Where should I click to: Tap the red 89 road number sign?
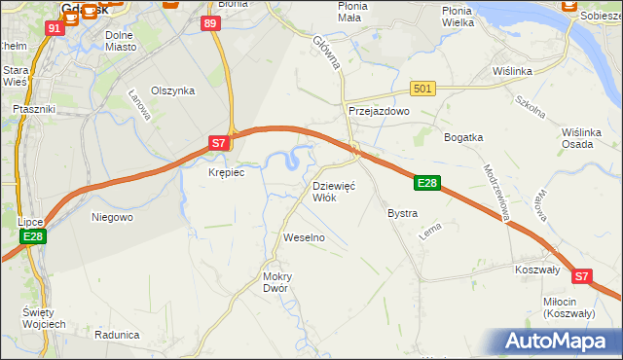pyautogui.click(x=209, y=23)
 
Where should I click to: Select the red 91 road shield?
pyautogui.click(x=55, y=28)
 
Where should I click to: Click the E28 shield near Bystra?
pyautogui.click(x=428, y=182)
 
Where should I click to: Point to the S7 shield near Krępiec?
pyautogui.click(x=220, y=143)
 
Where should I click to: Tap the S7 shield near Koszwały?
pyautogui.click(x=581, y=276)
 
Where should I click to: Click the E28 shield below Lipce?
pyautogui.click(x=32, y=236)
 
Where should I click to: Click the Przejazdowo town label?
pyautogui.click(x=379, y=112)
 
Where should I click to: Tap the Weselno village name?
pyautogui.click(x=303, y=237)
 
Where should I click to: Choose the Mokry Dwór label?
pyautogui.click(x=276, y=282)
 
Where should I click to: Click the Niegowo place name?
pyautogui.click(x=111, y=217)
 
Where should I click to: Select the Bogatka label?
pyautogui.click(x=463, y=137)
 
